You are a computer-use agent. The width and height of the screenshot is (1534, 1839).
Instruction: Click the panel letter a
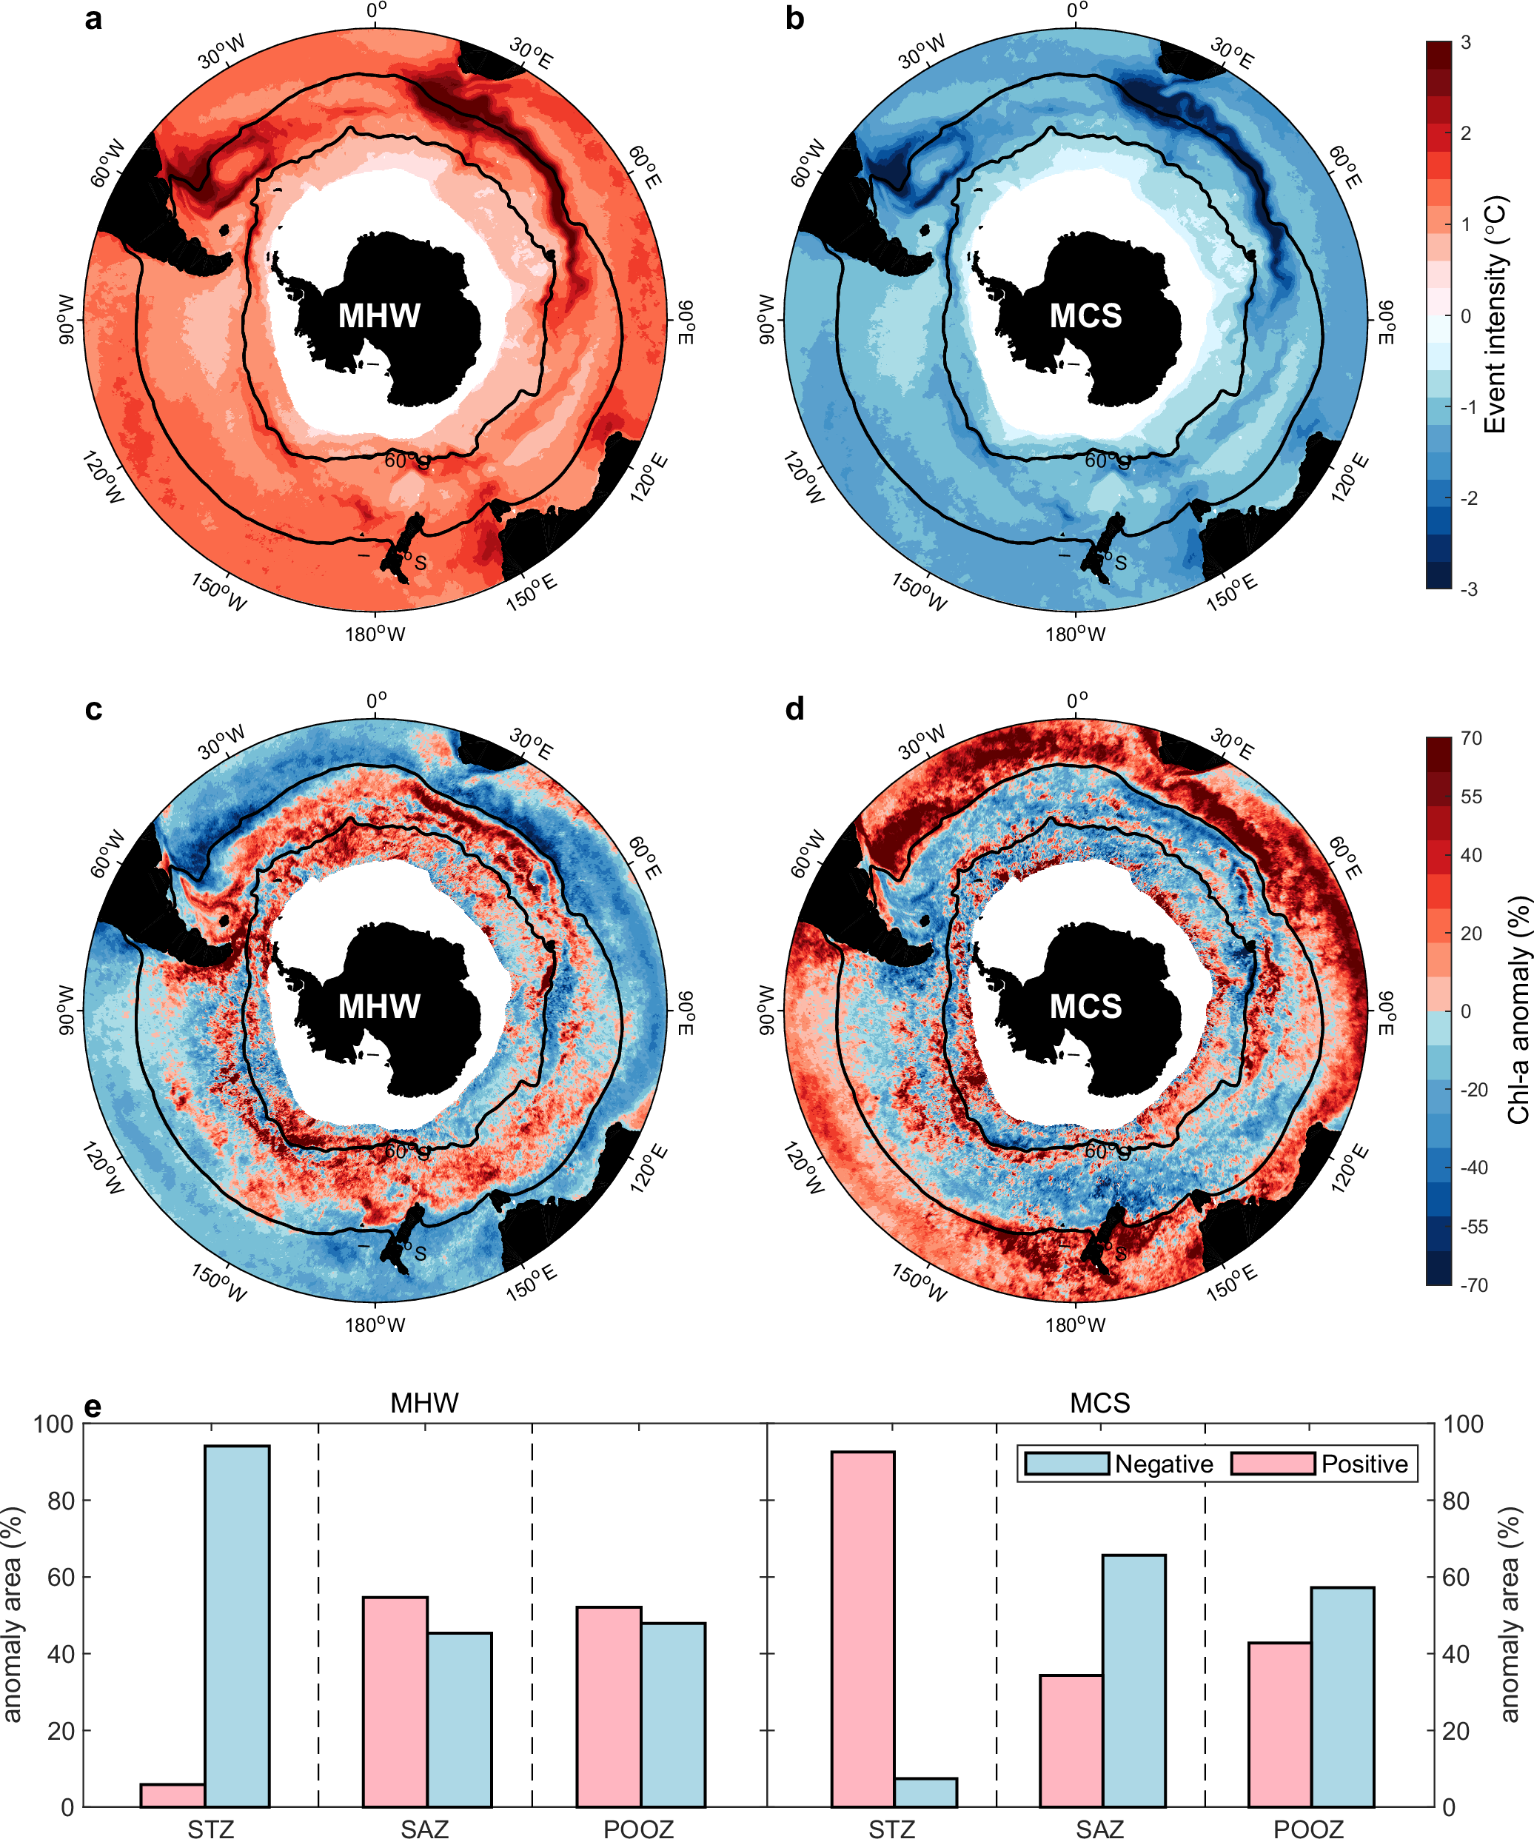93,19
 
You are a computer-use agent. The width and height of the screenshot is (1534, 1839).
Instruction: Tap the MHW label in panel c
379,1006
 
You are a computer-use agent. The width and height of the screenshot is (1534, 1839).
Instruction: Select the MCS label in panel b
1085,315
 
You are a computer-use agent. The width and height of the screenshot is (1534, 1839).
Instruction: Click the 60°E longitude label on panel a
646,167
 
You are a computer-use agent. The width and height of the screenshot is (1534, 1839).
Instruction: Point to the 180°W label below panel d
1075,1325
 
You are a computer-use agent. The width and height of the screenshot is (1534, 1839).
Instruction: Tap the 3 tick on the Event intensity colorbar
1466,42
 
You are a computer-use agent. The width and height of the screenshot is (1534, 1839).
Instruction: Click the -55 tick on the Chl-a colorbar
1473,1227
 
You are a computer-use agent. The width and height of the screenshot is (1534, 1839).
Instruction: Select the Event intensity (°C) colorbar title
1496,313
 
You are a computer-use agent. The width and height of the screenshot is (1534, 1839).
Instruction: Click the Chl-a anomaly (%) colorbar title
1518,1010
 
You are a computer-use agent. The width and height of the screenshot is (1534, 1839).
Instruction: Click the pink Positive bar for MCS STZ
863,1629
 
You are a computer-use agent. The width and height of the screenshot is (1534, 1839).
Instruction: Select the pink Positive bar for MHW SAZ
395,1701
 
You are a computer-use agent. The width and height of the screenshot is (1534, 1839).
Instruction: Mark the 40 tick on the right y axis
1456,1653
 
